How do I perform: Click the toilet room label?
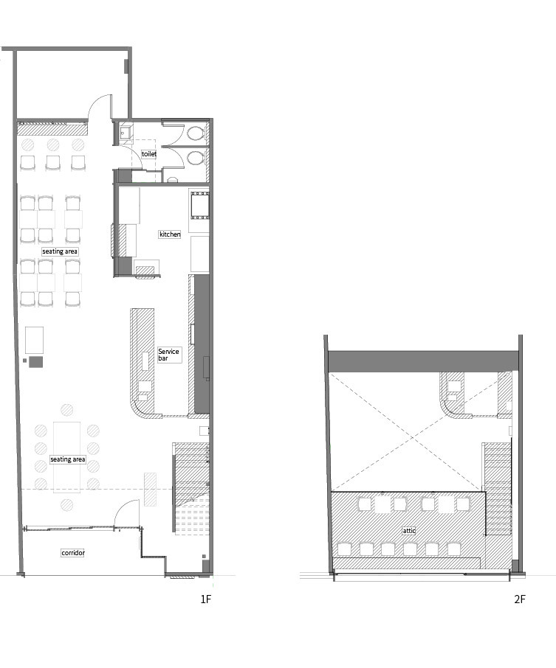click(x=149, y=154)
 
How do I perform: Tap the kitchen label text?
click(x=170, y=234)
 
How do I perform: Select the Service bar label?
click(x=168, y=355)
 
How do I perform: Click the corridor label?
click(x=73, y=552)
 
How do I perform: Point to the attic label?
click(x=409, y=531)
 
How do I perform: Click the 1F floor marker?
click(x=206, y=599)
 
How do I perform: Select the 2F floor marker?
click(x=520, y=599)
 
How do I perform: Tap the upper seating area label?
click(x=60, y=251)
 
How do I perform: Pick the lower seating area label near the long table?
click(x=68, y=459)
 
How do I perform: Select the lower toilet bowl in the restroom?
click(x=195, y=158)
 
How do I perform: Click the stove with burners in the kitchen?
click(x=199, y=206)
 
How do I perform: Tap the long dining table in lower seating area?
click(x=66, y=457)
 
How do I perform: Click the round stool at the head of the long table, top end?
click(x=66, y=410)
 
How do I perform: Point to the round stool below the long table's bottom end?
click(x=66, y=505)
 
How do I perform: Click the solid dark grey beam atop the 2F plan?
click(x=423, y=361)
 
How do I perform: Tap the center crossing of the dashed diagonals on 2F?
click(x=412, y=437)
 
